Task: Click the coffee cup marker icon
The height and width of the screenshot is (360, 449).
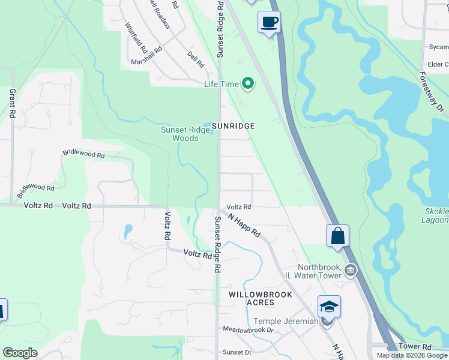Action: [x=269, y=23]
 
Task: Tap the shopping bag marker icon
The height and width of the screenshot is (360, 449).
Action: [x=337, y=235]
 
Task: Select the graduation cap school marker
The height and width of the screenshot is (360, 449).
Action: [x=329, y=307]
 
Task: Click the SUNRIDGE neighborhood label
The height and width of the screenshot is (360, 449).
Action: [x=234, y=126]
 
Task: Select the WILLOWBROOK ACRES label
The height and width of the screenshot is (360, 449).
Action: [x=261, y=298]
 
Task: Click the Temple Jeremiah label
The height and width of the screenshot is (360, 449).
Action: [x=285, y=322]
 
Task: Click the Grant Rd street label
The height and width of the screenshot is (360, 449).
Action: [x=12, y=103]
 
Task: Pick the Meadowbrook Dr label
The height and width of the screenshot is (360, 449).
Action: [x=248, y=330]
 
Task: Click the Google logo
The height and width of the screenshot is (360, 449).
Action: [x=20, y=353]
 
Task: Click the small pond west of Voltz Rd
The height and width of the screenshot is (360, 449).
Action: [x=128, y=231]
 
